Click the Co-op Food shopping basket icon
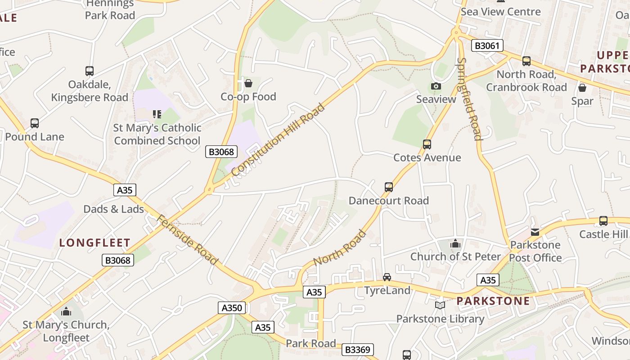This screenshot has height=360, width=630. point(248,83)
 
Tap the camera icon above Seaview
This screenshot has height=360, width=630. point(436,86)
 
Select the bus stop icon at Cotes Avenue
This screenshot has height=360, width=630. point(427,144)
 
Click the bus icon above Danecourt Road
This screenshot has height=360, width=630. point(388,187)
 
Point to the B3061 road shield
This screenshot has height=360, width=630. point(487,45)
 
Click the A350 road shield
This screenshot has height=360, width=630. point(232,308)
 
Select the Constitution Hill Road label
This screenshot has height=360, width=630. point(278,139)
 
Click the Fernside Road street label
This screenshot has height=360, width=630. point(187,239)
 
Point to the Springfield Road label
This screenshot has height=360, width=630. point(469,99)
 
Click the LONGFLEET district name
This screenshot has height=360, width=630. point(95,243)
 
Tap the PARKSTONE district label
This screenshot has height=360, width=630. point(494,301)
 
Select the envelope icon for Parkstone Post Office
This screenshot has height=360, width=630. point(535,232)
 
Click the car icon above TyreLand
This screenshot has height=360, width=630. point(387,277)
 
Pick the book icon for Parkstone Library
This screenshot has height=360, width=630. point(440,306)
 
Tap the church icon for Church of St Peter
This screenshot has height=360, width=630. point(455,243)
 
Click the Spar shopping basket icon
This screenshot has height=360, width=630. point(582,88)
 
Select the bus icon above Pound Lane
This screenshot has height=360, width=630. point(34,123)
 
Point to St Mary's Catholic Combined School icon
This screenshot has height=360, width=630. point(157,114)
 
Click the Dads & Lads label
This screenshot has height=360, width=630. point(114,209)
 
